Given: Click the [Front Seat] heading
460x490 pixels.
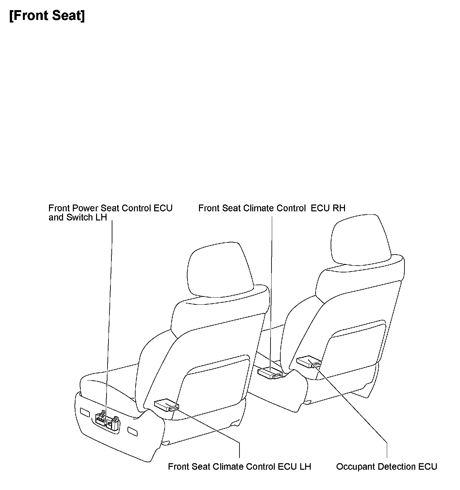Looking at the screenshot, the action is point(47,15).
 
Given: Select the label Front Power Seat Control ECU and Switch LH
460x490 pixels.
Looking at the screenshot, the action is point(110,213).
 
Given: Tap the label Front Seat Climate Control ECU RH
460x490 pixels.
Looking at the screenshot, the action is point(271,208).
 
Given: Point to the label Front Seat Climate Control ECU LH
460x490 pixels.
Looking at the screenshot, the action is point(239,466).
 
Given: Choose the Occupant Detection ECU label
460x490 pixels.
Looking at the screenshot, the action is point(386,466).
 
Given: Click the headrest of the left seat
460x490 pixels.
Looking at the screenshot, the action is point(220,270).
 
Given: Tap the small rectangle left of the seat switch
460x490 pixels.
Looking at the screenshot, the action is point(85,412).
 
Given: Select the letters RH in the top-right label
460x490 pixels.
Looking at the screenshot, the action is point(339,208).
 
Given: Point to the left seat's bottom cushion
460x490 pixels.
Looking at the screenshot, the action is point(108,382).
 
